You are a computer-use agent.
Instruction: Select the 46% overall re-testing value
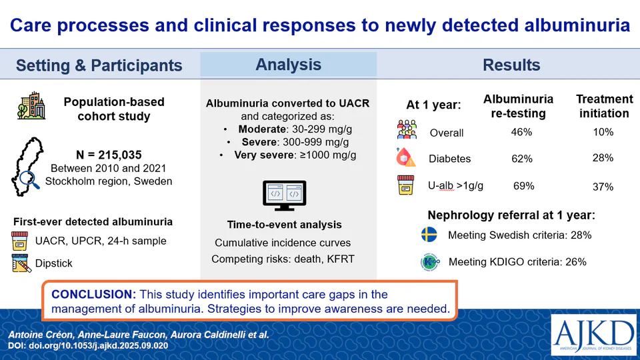[x=522, y=133]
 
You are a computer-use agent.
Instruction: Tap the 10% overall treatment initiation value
[x=603, y=133]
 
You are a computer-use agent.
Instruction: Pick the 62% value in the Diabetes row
[x=522, y=159]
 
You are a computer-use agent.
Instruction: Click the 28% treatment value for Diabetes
[x=603, y=159]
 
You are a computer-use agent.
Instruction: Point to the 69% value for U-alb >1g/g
[x=523, y=186]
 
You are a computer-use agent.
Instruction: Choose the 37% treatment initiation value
[x=603, y=187]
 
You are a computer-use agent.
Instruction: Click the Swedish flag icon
[x=429, y=235]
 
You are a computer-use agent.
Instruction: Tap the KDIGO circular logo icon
[x=430, y=261]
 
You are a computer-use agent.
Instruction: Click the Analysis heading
[x=288, y=65]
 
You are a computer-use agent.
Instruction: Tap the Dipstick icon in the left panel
[x=22, y=263]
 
